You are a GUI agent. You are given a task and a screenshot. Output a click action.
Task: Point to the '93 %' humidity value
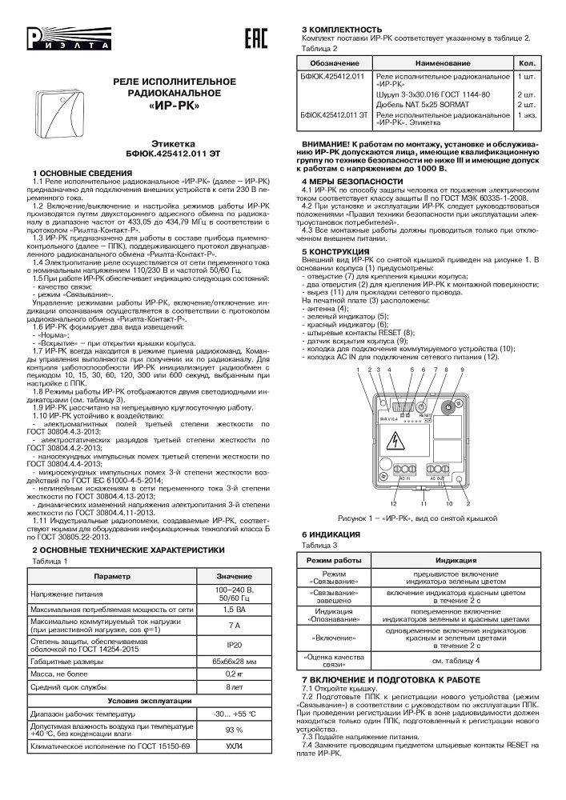pos(235,730)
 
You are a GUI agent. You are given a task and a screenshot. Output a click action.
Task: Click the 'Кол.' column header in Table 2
pos(527,62)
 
